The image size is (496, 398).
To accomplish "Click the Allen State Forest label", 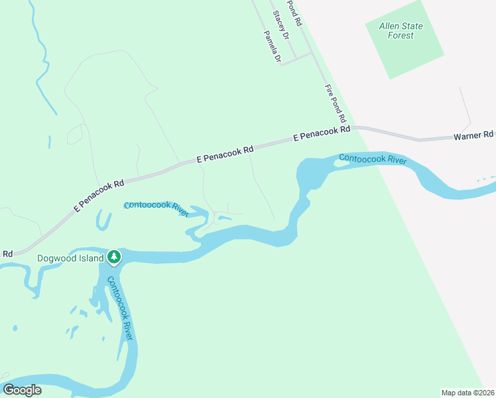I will pos(401,31).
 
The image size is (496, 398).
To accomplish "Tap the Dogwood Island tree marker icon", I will pos(114,257).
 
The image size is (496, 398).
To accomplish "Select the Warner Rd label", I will pos(455,135).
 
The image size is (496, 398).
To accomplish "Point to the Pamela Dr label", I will pos(272,46).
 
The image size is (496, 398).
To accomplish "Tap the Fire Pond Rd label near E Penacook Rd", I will pos(336,103).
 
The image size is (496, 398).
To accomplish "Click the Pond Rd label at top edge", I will pos(294,12).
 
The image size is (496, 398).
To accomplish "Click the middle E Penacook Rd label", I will pos(225,155).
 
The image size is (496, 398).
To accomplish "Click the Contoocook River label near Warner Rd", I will pos(372,159).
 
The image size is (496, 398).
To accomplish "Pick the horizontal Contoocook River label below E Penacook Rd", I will pos(156,206).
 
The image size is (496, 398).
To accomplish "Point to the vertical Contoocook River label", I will pos(120,308).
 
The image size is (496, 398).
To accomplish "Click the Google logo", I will pos(22,389).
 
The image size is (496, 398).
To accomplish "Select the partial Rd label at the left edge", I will pos(7,253).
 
